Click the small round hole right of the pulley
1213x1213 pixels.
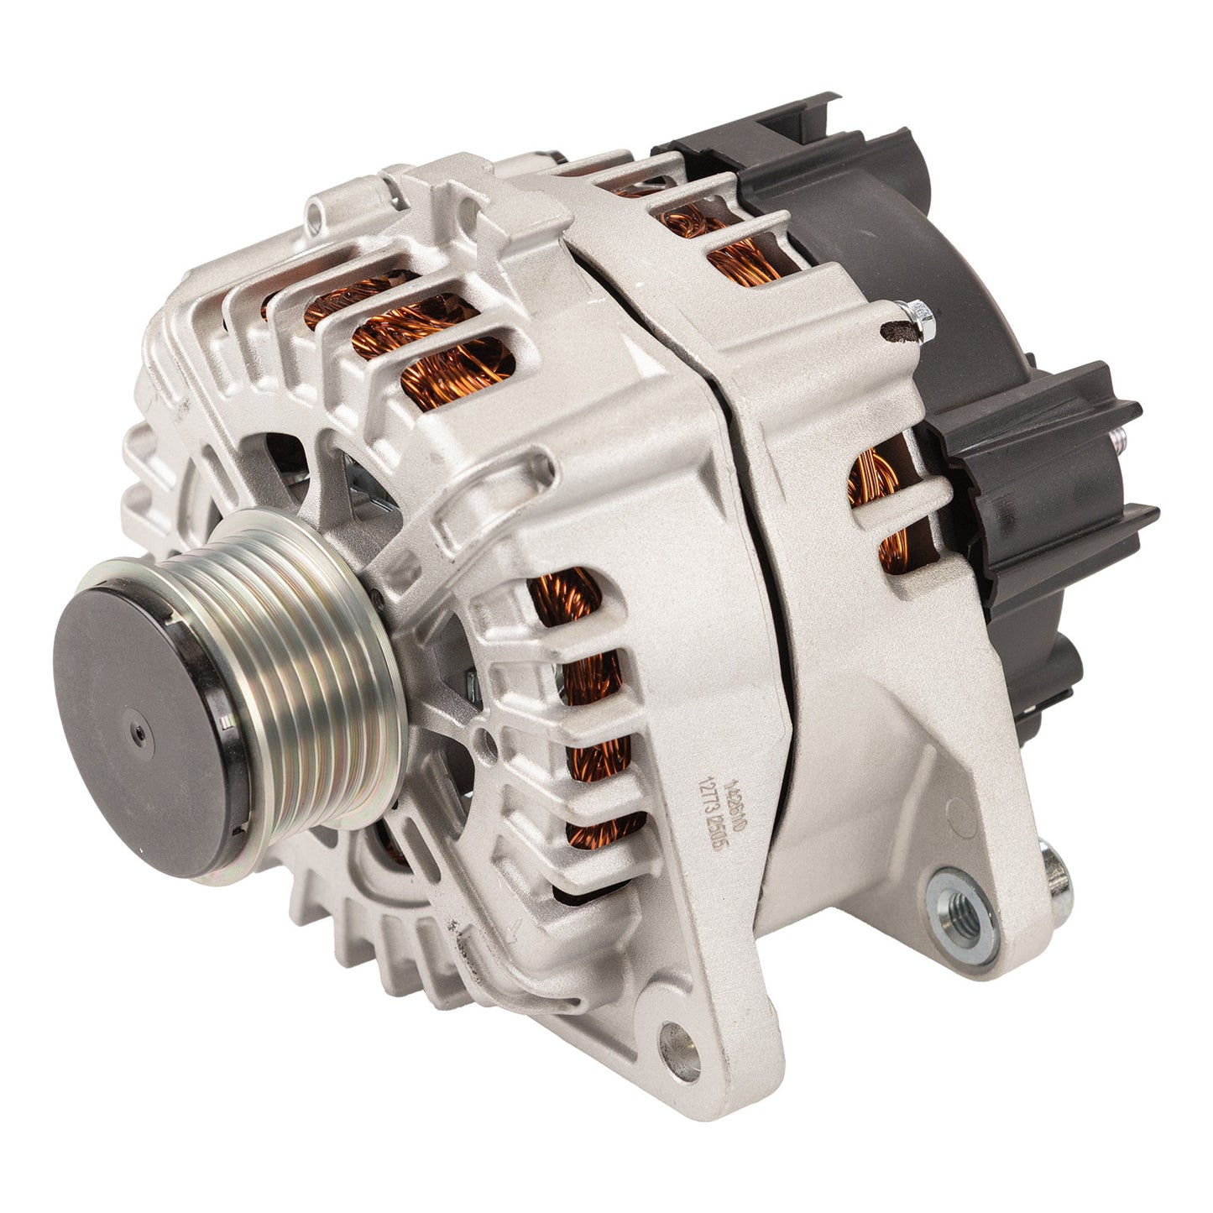(480, 739)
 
